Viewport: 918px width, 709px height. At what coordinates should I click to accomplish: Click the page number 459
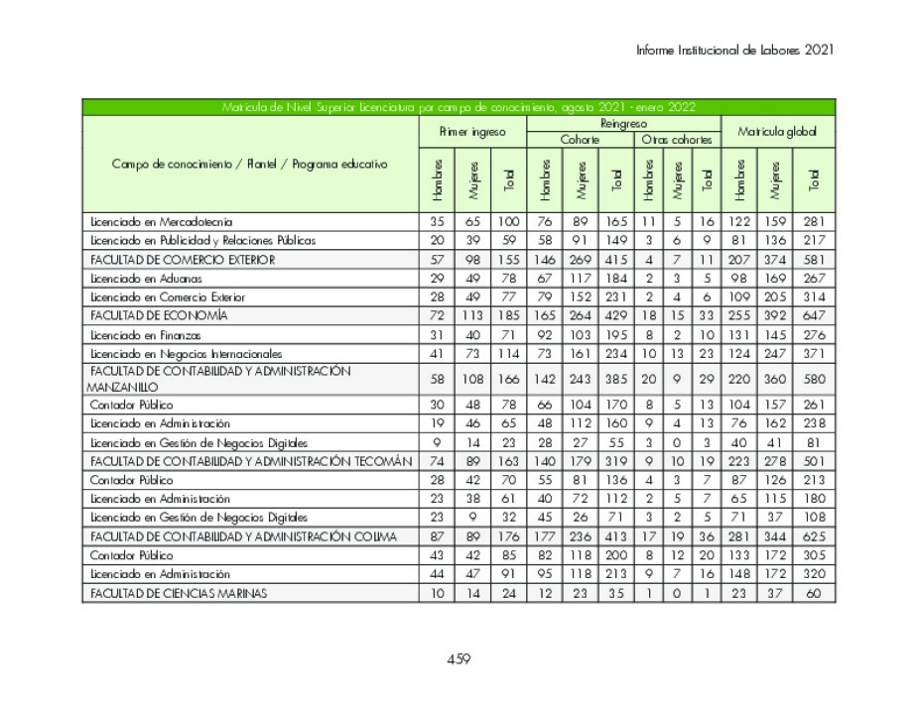point(458,659)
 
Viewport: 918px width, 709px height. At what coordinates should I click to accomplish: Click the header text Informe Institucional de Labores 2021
point(734,49)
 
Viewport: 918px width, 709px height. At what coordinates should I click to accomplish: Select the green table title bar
point(458,107)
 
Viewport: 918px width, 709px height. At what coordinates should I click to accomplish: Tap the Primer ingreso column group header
point(472,131)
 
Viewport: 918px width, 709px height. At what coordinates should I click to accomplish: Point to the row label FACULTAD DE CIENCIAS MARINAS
point(179,593)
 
